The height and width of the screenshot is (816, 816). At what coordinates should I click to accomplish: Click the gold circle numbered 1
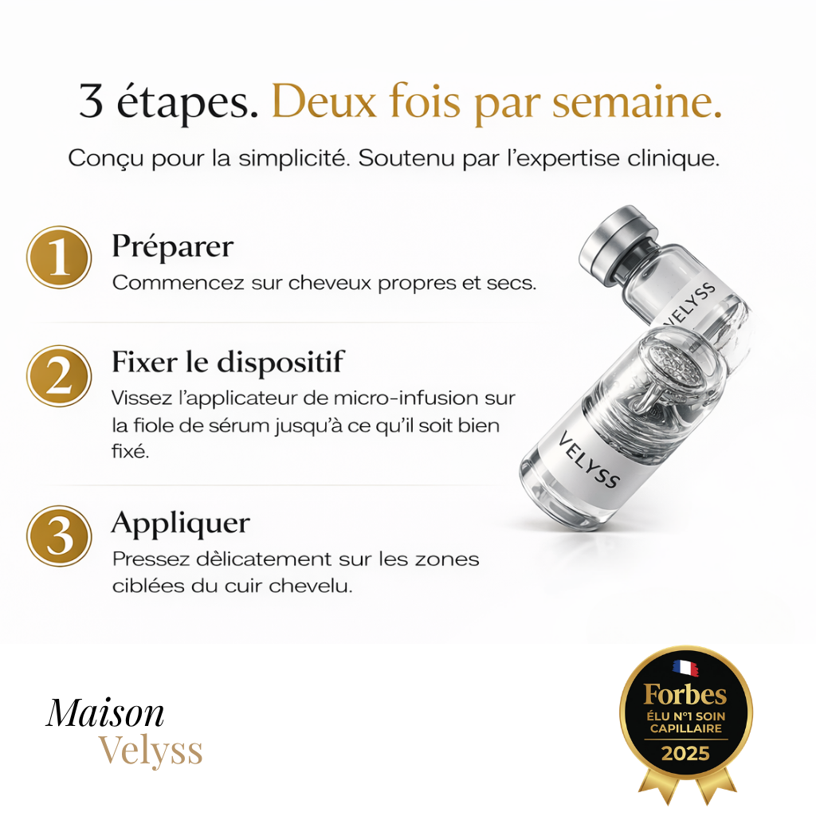coord(59,257)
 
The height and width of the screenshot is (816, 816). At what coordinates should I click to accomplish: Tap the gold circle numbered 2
coord(59,375)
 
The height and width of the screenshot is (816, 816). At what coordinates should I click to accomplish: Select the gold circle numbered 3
coord(59,535)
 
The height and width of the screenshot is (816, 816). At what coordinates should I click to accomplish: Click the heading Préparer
coord(172,246)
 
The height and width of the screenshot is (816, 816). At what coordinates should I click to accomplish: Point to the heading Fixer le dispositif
coord(227,363)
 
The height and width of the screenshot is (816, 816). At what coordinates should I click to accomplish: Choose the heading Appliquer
coord(180,524)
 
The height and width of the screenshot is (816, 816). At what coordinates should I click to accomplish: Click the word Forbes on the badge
coord(685,694)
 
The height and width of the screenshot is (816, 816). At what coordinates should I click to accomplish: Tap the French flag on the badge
coord(685,667)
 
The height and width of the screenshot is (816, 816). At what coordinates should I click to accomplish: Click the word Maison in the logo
coord(105,712)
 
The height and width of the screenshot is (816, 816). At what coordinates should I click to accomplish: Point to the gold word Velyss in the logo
coord(151,751)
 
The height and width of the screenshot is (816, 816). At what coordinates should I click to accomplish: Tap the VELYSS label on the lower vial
coord(590,460)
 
